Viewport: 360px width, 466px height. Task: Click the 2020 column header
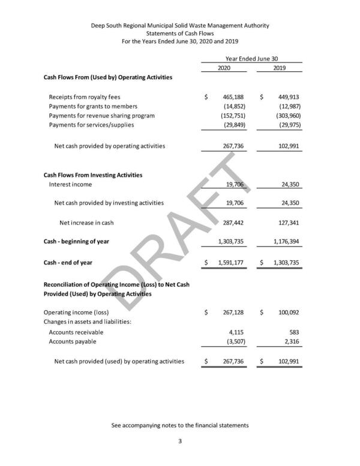(x=223, y=68)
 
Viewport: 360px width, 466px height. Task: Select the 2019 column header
(x=278, y=68)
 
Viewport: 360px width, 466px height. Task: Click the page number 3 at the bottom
(x=180, y=442)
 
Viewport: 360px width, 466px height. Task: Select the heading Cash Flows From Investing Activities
(x=93, y=175)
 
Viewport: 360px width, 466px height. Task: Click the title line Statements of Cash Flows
(x=180, y=34)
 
